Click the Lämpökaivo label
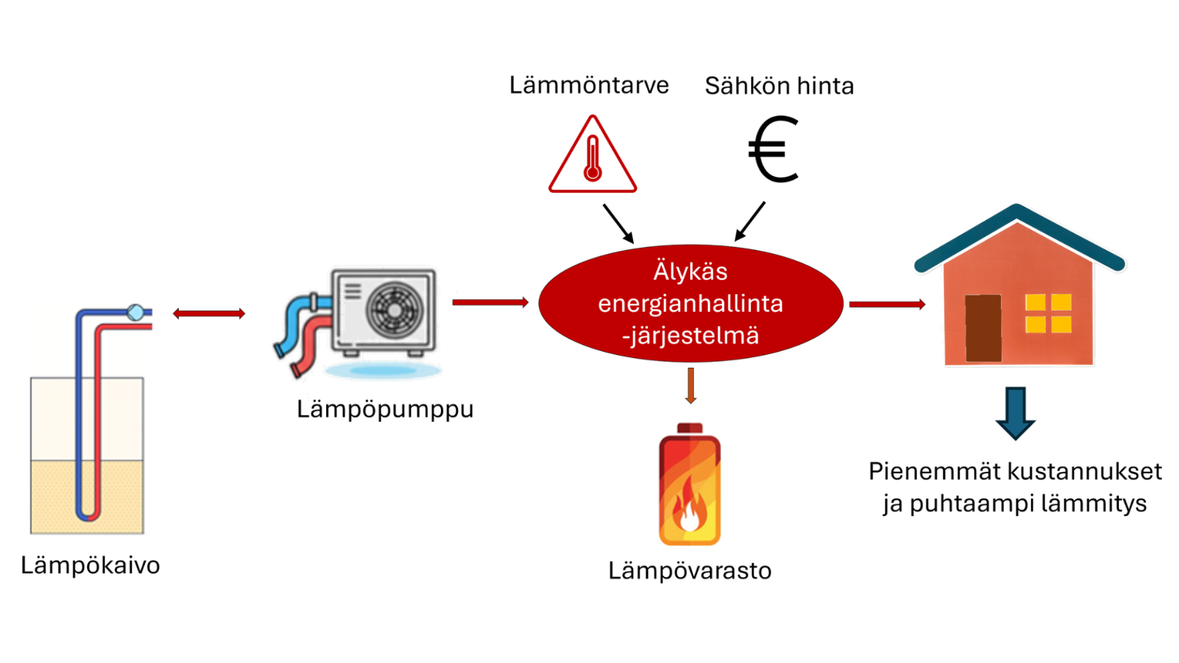(90, 565)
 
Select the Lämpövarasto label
(690, 570)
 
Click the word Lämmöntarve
(589, 85)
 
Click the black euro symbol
(773, 150)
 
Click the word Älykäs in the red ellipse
(690, 272)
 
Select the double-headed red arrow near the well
(209, 314)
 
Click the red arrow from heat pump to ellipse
(490, 302)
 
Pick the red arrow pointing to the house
(887, 304)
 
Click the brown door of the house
(983, 328)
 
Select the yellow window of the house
(1048, 314)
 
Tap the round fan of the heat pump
(394, 309)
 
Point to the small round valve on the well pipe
(136, 312)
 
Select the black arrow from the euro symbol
(750, 222)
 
